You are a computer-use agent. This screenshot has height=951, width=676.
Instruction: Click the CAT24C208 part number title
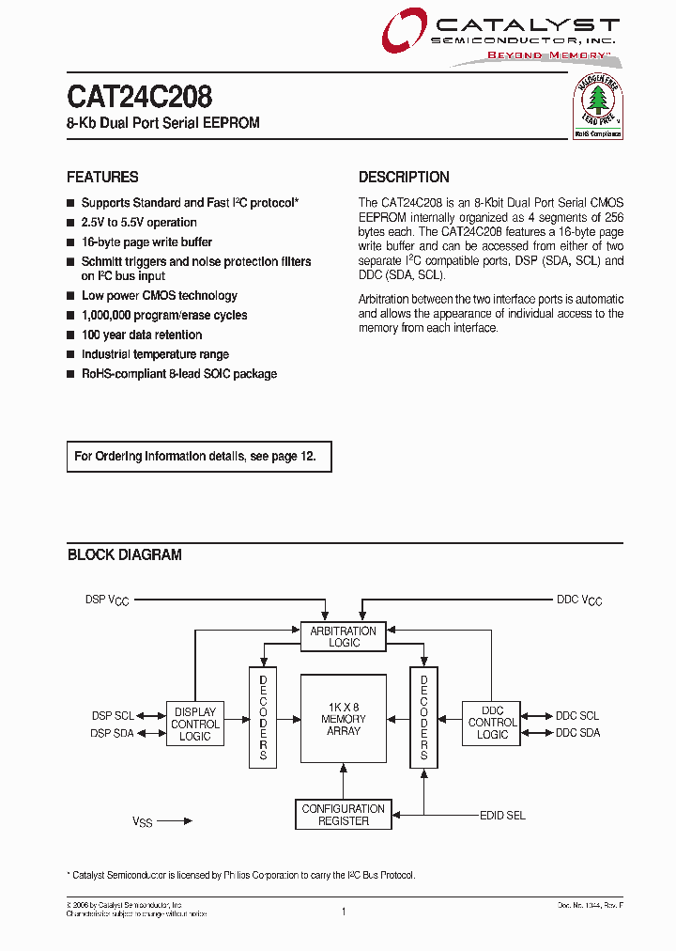(139, 97)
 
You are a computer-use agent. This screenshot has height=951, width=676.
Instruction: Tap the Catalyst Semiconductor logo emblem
(404, 33)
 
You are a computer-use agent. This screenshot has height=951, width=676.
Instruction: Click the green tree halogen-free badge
(598, 108)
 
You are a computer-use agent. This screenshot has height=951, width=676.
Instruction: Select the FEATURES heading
(102, 177)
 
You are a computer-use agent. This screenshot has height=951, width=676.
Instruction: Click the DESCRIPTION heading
(404, 177)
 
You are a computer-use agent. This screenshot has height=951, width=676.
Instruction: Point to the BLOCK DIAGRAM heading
(125, 555)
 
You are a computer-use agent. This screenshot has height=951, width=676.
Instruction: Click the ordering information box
(199, 457)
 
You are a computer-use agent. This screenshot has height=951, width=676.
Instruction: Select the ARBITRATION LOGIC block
(344, 637)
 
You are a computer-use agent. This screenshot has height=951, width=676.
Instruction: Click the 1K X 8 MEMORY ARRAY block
(344, 719)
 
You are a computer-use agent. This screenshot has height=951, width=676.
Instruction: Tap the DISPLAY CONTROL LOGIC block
(195, 725)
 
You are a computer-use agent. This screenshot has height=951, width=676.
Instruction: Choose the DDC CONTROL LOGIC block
(492, 723)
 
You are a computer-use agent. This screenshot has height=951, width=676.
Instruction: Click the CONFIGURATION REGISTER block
(344, 815)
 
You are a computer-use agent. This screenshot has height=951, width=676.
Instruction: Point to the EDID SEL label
(502, 816)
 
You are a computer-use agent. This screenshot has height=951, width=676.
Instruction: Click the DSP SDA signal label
(113, 733)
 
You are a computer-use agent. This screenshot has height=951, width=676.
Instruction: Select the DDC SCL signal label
(577, 716)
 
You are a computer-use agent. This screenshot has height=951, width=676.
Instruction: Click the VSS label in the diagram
(142, 821)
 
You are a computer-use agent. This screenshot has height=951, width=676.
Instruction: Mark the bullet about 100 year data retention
(141, 335)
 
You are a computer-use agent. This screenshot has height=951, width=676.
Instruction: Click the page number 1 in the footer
(344, 911)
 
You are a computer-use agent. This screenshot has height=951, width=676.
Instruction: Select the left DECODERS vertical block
(263, 717)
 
